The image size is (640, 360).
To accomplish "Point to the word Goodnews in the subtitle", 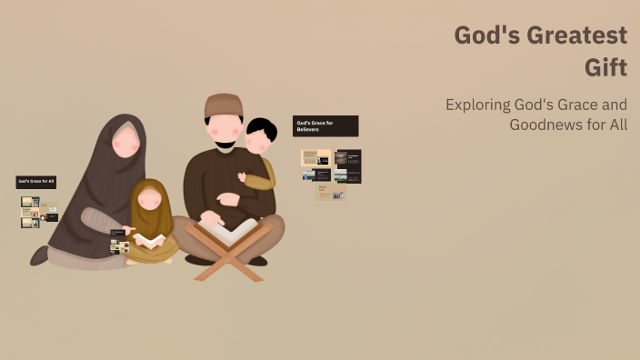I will click(546, 125).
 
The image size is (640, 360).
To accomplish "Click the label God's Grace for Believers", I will click(325, 125).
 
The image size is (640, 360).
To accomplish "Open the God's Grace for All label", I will click(36, 182).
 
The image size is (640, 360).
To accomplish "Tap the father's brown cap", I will click(224, 105).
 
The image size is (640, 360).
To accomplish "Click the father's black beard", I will click(225, 145).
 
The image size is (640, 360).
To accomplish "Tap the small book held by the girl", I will click(149, 241).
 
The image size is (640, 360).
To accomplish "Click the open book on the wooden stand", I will click(226, 232).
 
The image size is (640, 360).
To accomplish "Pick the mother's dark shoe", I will click(39, 255).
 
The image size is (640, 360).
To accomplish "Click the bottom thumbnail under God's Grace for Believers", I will click(331, 193).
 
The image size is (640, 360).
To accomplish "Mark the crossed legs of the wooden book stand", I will click(226, 261).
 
